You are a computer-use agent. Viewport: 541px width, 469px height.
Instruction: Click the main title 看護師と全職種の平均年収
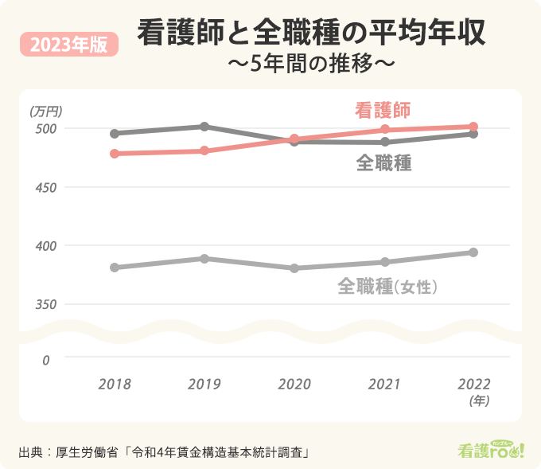pos(313,34)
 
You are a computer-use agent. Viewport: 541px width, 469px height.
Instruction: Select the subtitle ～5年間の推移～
pos(310,64)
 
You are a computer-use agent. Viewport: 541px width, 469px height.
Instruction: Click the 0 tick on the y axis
pos(45,360)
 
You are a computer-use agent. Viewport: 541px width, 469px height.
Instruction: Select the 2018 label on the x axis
pos(115,384)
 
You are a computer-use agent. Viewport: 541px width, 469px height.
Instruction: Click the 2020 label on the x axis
pos(294,384)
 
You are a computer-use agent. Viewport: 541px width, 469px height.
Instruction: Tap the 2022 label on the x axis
pos(474,384)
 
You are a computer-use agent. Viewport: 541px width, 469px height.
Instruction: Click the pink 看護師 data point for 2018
pos(115,154)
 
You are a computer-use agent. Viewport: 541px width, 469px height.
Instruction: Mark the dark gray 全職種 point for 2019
pos(204,127)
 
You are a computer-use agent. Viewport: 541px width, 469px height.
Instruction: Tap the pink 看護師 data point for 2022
pos(473,127)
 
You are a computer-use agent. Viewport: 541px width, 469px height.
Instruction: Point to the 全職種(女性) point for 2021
pos(384,262)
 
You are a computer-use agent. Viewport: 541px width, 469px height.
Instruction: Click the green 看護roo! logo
pos(492,450)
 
